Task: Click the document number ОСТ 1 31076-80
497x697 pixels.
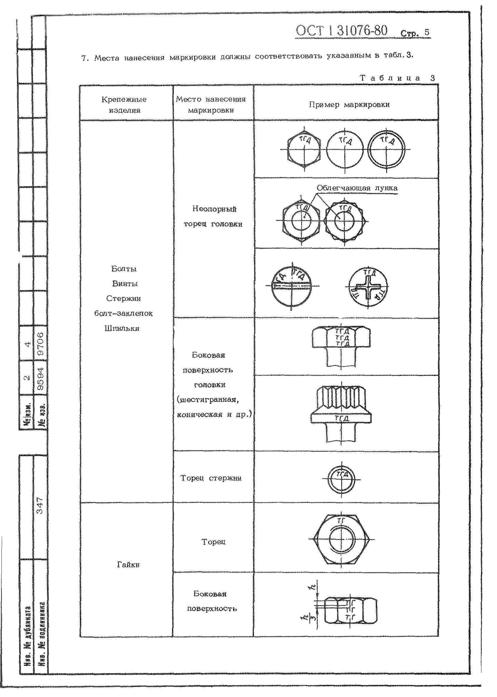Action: pos(341,31)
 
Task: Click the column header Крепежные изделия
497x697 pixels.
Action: pos(124,105)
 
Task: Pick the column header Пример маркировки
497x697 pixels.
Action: pos(349,105)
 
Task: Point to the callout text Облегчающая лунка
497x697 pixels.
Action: pos(357,188)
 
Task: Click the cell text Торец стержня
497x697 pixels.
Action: pos(211,478)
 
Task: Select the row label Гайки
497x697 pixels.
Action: pos(128,565)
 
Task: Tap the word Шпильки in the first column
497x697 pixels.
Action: pos(122,329)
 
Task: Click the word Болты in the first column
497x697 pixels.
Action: pos(124,269)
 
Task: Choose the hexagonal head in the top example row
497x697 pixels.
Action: pos(304,150)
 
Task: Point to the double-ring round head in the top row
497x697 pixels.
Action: pos(386,150)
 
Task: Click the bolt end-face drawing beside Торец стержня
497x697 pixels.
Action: pos(341,479)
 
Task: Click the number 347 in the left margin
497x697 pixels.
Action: pos(40,505)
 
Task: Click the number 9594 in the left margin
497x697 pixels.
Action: pos(40,380)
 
